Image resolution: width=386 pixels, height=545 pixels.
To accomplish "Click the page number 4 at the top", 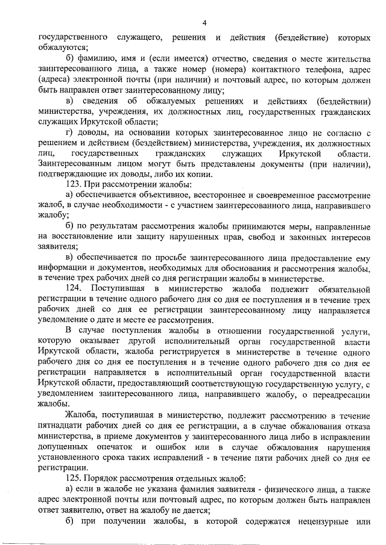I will (204, 23).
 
